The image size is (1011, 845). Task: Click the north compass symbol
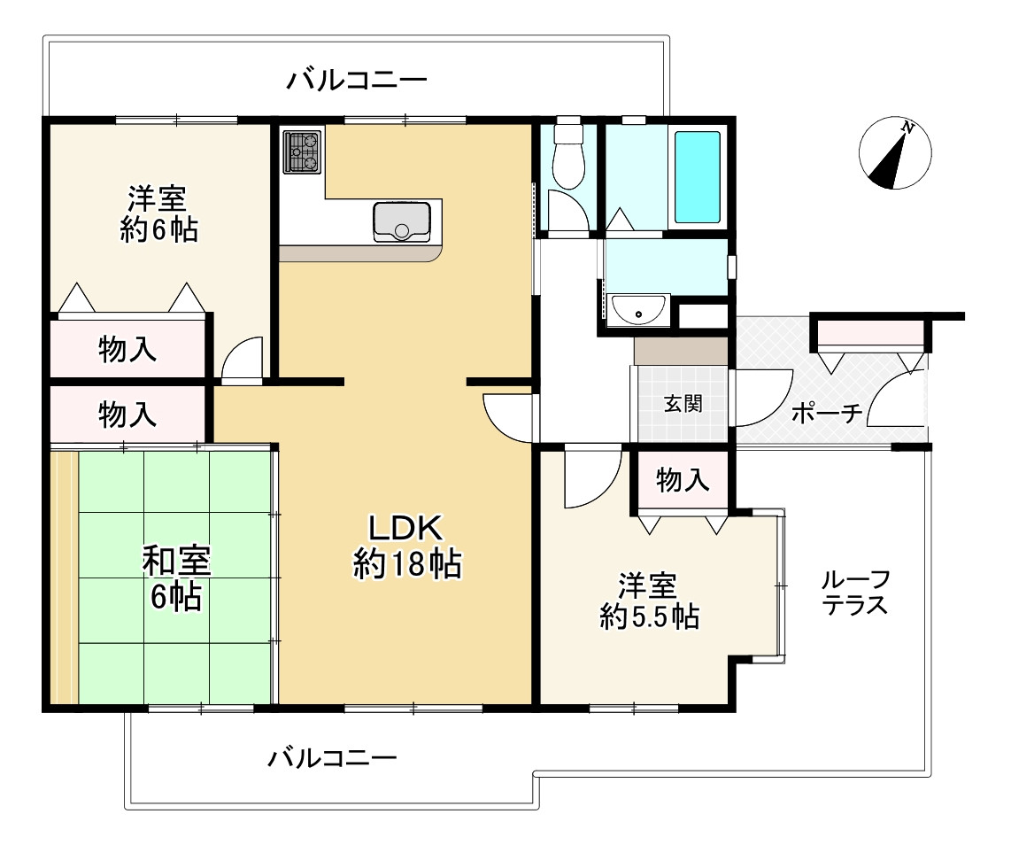point(895,153)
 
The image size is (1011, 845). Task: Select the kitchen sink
point(402,221)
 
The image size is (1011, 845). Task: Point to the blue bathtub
point(697,177)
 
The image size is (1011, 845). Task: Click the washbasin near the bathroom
point(639,310)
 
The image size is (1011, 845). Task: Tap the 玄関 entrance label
point(683,404)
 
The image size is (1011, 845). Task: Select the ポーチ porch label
point(827,412)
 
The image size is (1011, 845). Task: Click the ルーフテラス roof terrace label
point(855,593)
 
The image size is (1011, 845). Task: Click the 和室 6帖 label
point(176,578)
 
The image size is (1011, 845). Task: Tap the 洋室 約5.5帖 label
point(649,601)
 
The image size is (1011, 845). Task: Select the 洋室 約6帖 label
point(158,213)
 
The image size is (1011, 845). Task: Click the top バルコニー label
point(357,81)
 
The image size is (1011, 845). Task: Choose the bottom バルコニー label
point(332,758)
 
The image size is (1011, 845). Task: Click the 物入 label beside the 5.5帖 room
point(683,480)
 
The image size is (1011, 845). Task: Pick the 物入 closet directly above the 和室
point(127,415)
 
